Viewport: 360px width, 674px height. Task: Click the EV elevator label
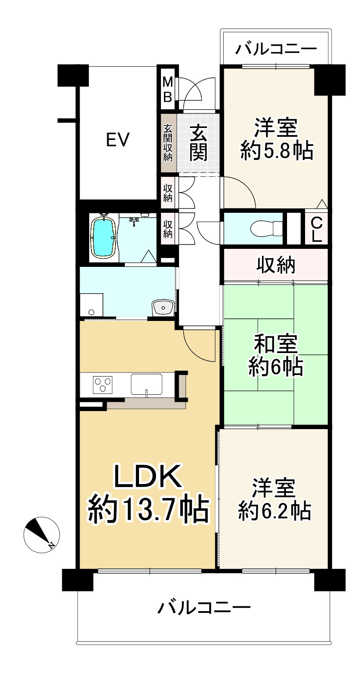118,140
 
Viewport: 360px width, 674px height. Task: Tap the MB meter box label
167,90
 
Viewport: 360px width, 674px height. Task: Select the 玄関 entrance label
199,142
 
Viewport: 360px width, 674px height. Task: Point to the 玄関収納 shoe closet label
168,143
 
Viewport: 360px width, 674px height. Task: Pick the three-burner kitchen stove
103,384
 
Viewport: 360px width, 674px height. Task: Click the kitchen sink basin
147,384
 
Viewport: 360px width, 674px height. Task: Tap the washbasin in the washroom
163,307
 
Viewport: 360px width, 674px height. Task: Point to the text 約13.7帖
148,509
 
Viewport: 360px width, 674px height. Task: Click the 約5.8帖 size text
276,152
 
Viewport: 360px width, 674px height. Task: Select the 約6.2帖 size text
275,511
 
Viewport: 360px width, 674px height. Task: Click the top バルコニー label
276,48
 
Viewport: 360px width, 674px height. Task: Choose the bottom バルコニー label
204,608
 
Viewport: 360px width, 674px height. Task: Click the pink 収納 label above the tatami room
276,265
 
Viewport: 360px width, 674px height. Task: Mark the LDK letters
148,477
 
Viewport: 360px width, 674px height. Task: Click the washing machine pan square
92,305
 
